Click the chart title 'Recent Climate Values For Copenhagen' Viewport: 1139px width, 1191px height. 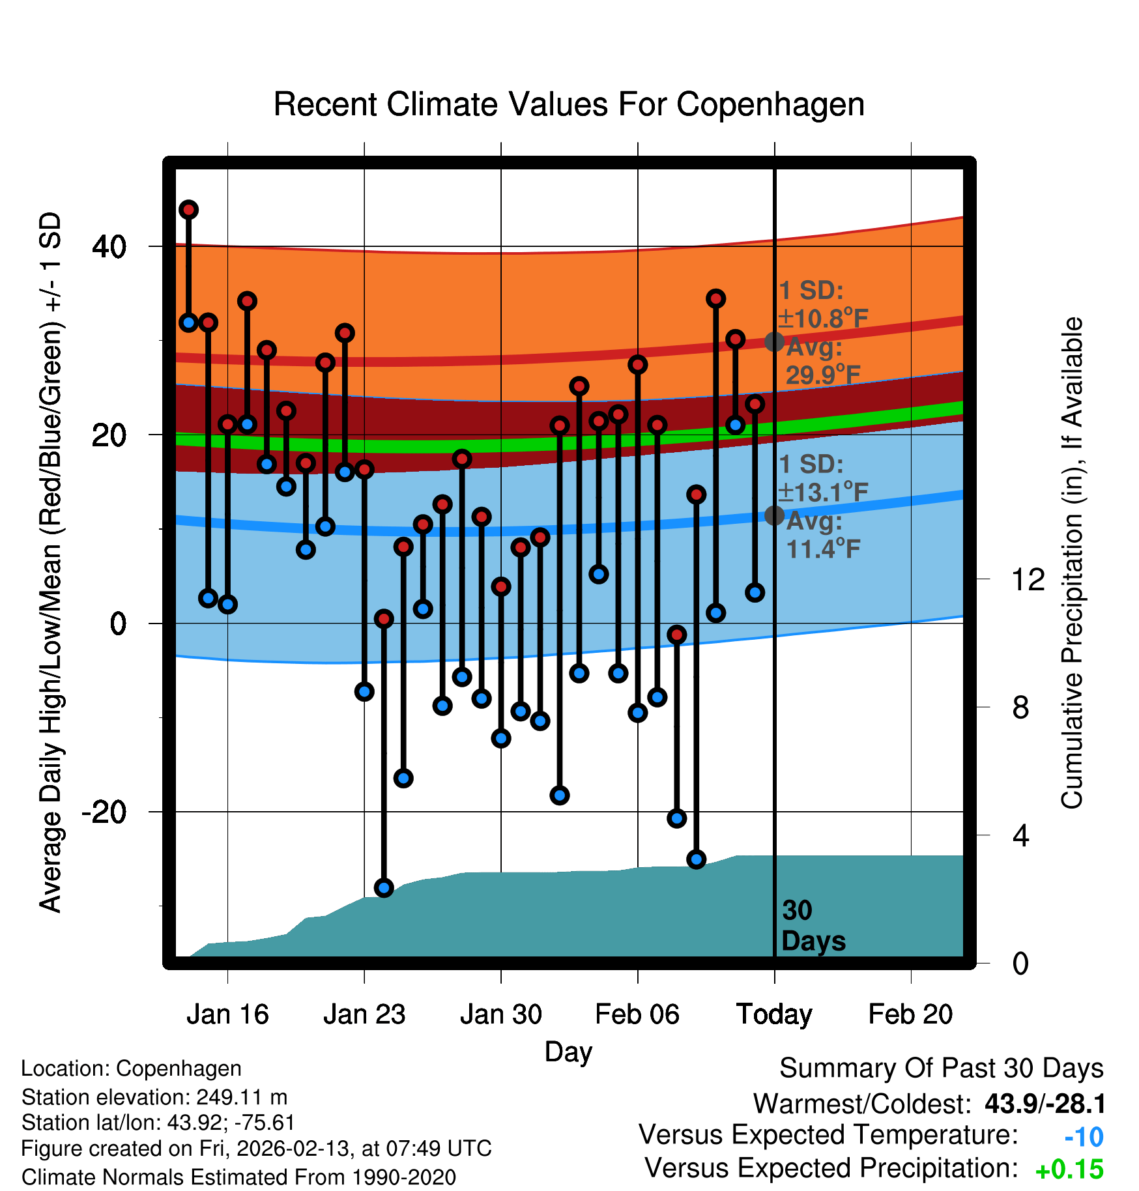click(x=569, y=104)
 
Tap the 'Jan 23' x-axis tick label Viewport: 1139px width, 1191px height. click(x=364, y=1014)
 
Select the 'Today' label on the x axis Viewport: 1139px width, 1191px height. click(x=774, y=1014)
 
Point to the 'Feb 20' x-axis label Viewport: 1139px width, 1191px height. click(x=910, y=1014)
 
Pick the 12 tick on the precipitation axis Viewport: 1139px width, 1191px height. click(x=1028, y=579)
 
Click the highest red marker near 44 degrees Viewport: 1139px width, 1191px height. click(x=189, y=210)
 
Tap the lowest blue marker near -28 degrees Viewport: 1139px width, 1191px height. click(x=384, y=887)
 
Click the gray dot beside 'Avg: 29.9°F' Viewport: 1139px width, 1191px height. click(x=774, y=341)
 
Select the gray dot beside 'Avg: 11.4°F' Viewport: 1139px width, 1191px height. click(x=774, y=515)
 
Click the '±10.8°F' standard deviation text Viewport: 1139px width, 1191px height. click(x=824, y=319)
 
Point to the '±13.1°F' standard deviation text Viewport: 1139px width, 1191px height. click(x=824, y=493)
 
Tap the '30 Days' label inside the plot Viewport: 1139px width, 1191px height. click(x=813, y=926)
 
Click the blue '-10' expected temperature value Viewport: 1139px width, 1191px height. click(x=1084, y=1137)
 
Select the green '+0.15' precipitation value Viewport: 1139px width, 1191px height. click(x=1069, y=1169)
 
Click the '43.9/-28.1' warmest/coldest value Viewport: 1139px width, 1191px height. click(x=1045, y=1104)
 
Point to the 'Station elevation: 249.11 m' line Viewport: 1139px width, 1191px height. click(x=154, y=1097)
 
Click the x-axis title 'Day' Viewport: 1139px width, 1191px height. click(x=568, y=1052)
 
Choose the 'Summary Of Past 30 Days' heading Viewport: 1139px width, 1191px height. click(x=941, y=1069)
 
